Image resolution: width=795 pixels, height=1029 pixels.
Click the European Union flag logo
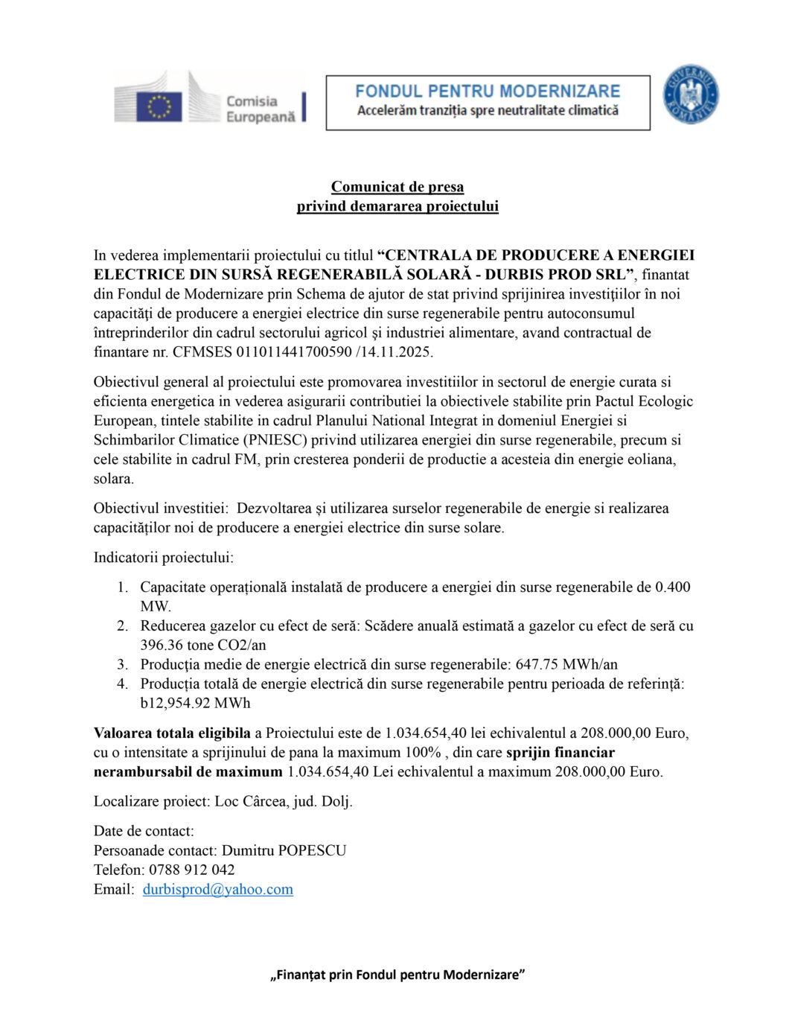click(x=159, y=106)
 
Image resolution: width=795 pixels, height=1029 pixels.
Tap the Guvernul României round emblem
click(x=690, y=95)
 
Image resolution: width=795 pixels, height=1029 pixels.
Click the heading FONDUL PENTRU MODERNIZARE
click(x=488, y=92)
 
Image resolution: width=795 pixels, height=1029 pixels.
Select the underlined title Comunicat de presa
click(x=397, y=187)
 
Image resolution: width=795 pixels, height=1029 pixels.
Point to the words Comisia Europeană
click(x=260, y=109)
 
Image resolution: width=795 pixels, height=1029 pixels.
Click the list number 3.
click(x=122, y=664)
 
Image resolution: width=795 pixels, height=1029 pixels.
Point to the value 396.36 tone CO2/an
click(x=203, y=645)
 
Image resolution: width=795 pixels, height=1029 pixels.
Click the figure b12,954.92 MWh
click(x=195, y=703)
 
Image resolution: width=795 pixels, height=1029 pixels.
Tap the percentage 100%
click(x=423, y=752)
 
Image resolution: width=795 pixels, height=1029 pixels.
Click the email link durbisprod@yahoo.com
click(x=217, y=889)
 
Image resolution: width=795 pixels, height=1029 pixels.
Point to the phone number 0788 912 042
click(x=192, y=870)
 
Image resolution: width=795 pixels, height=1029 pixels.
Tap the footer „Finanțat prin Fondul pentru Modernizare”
click(x=397, y=975)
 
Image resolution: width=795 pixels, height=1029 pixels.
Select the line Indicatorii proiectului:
click(x=163, y=557)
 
